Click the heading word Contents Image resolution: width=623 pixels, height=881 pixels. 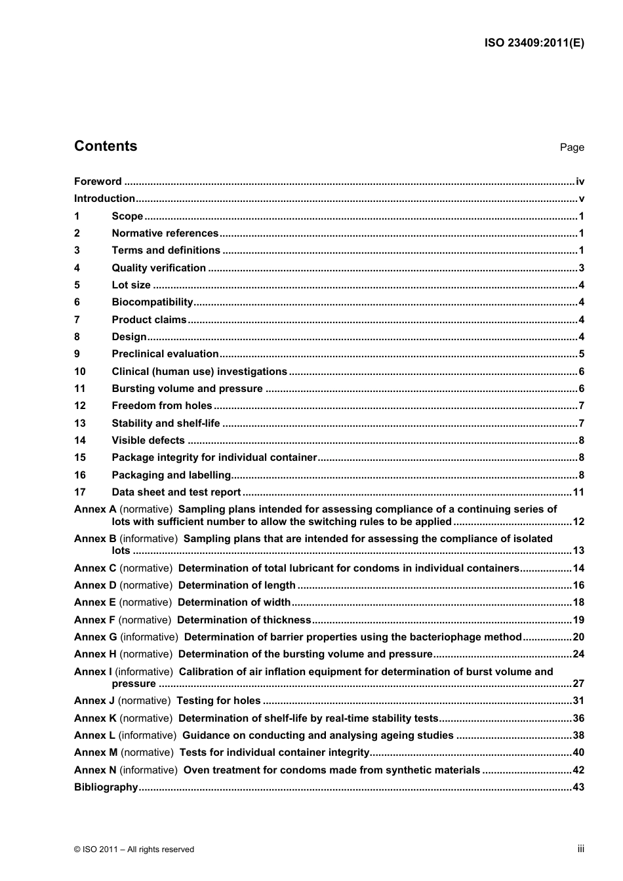[x=106, y=146]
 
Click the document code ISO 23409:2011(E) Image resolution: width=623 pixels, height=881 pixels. [x=534, y=43]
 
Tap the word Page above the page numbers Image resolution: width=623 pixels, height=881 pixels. [x=571, y=147]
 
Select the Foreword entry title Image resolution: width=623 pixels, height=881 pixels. [x=98, y=182]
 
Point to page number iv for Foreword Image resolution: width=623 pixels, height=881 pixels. [x=580, y=182]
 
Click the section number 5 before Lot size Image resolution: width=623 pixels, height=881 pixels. [x=77, y=285]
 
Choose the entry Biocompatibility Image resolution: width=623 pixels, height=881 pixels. [x=152, y=302]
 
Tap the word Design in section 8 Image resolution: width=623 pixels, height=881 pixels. [x=129, y=337]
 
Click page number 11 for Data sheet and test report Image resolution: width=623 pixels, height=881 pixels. [x=578, y=492]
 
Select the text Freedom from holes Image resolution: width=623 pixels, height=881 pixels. [x=162, y=406]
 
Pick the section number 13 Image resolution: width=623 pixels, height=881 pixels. [x=79, y=423]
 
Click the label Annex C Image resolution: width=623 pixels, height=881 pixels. [x=95, y=568]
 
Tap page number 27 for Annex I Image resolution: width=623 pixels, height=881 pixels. [x=578, y=683]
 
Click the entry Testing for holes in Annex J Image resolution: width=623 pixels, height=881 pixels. [x=218, y=701]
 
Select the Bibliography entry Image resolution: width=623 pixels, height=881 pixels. [x=106, y=787]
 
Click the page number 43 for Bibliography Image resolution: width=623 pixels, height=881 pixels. [x=578, y=787]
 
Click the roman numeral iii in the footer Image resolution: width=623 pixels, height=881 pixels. [x=580, y=849]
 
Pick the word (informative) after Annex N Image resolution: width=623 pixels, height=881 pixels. [x=149, y=770]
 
